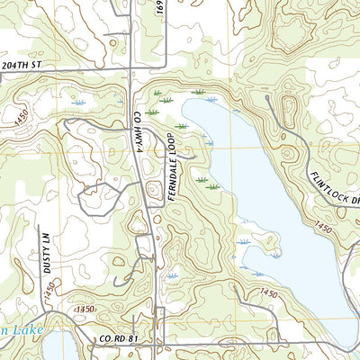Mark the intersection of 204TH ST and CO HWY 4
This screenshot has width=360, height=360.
(x=132, y=68)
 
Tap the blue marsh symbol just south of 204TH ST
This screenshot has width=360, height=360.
(x=78, y=104)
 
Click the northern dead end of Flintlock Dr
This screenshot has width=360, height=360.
(x=267, y=97)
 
